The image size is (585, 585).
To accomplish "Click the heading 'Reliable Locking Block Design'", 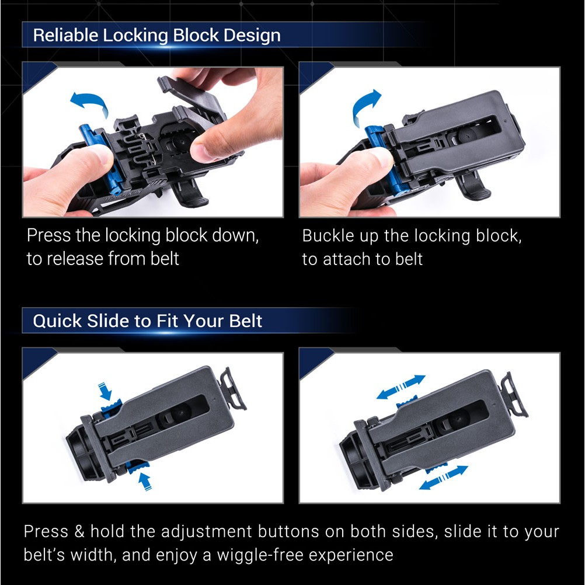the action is click(156, 36).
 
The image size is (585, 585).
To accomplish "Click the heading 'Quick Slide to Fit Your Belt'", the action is click(148, 321).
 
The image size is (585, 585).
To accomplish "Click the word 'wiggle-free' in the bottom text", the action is click(260, 555).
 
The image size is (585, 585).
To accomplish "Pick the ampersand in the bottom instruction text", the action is click(79, 531).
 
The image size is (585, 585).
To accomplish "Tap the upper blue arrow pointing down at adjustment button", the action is click(105, 392).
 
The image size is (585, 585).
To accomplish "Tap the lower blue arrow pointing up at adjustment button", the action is click(145, 481).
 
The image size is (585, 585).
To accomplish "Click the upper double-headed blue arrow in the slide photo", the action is click(401, 387).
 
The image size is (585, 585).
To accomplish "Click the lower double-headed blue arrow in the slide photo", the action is click(444, 478).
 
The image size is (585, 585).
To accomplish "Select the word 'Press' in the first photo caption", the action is click(48, 235).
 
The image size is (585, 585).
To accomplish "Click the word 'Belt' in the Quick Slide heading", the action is click(245, 321).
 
